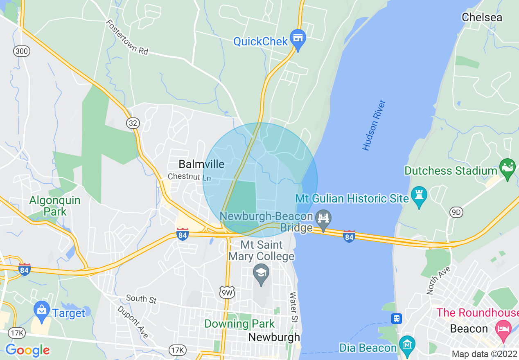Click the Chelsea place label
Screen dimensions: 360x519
point(482,17)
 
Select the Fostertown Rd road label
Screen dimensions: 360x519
point(127,38)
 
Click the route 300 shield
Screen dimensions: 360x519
point(21,51)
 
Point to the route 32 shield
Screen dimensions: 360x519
point(133,123)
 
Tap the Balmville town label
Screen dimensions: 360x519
point(201,164)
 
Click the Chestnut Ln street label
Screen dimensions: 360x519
point(190,178)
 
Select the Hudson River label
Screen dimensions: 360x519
point(374,125)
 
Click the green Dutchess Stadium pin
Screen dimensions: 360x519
point(508,168)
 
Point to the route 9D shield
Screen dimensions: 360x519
point(456,212)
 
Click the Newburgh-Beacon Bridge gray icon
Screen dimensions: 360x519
point(323,218)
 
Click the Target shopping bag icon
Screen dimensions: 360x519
point(42,310)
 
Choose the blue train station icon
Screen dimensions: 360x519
point(396,318)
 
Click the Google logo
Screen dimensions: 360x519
point(27,350)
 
